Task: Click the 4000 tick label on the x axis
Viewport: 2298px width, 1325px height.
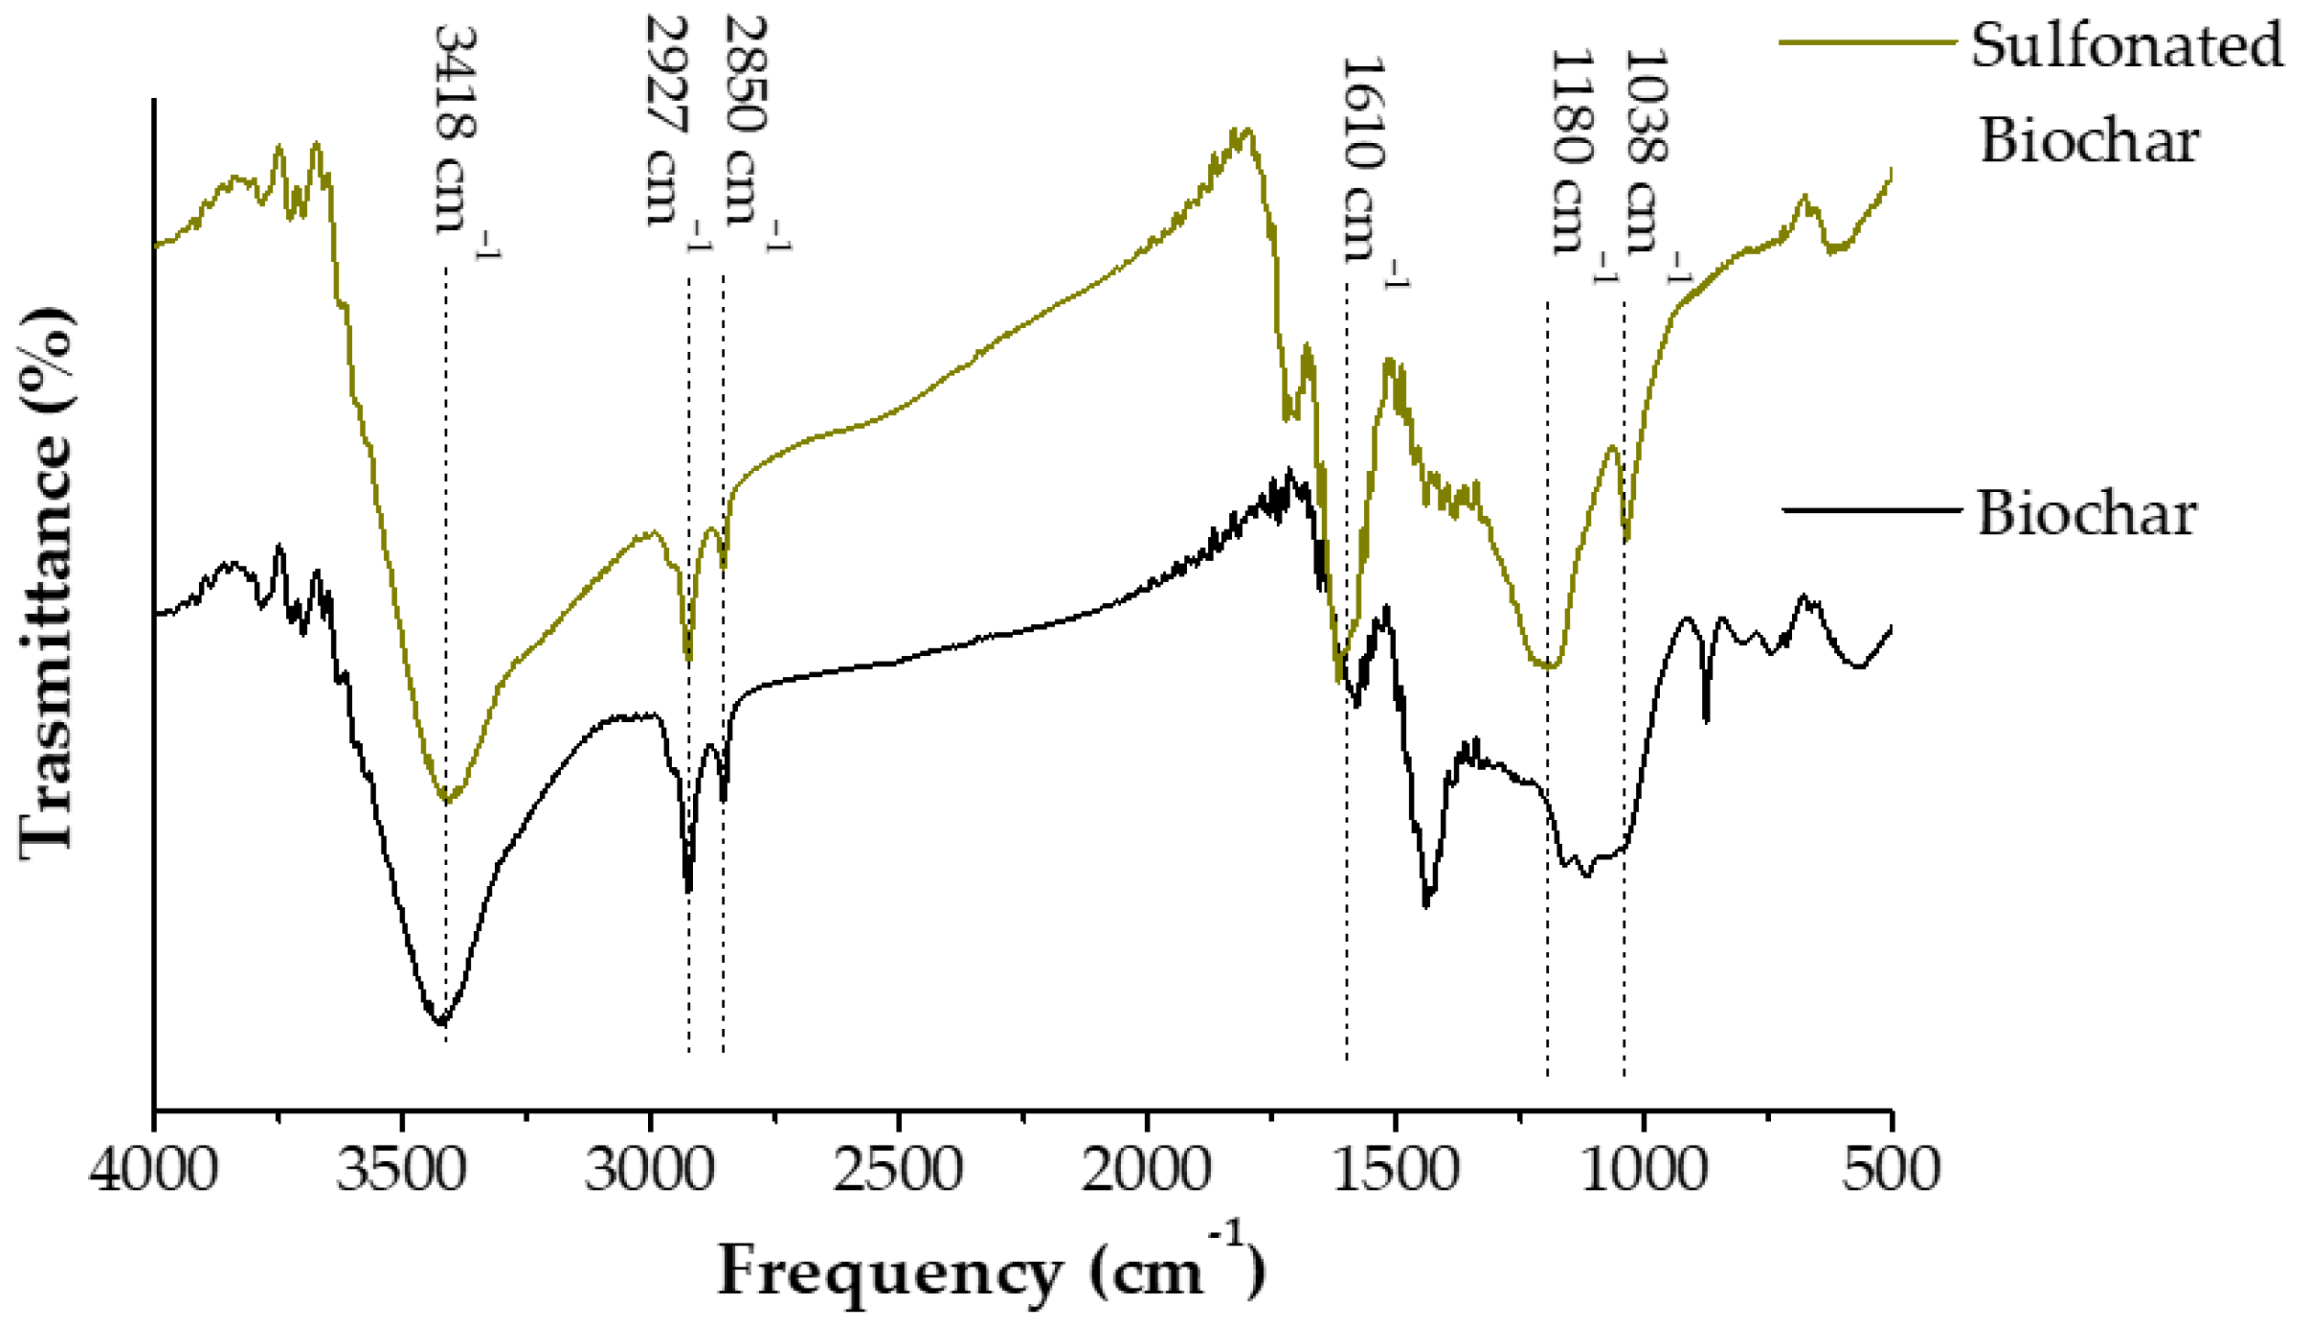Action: click(154, 1171)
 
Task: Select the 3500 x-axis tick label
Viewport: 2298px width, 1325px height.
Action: click(401, 1171)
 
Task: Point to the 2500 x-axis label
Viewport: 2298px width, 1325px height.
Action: click(898, 1171)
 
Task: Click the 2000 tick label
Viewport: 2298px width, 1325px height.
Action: click(1146, 1171)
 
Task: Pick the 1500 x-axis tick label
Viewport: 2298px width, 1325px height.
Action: click(1394, 1171)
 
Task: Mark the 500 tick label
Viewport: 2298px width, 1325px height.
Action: click(1890, 1171)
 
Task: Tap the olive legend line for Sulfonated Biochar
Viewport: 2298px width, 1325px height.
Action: click(1867, 42)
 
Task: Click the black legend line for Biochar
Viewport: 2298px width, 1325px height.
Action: click(1871, 509)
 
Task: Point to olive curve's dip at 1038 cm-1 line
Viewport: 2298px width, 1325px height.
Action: click(1626, 539)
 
